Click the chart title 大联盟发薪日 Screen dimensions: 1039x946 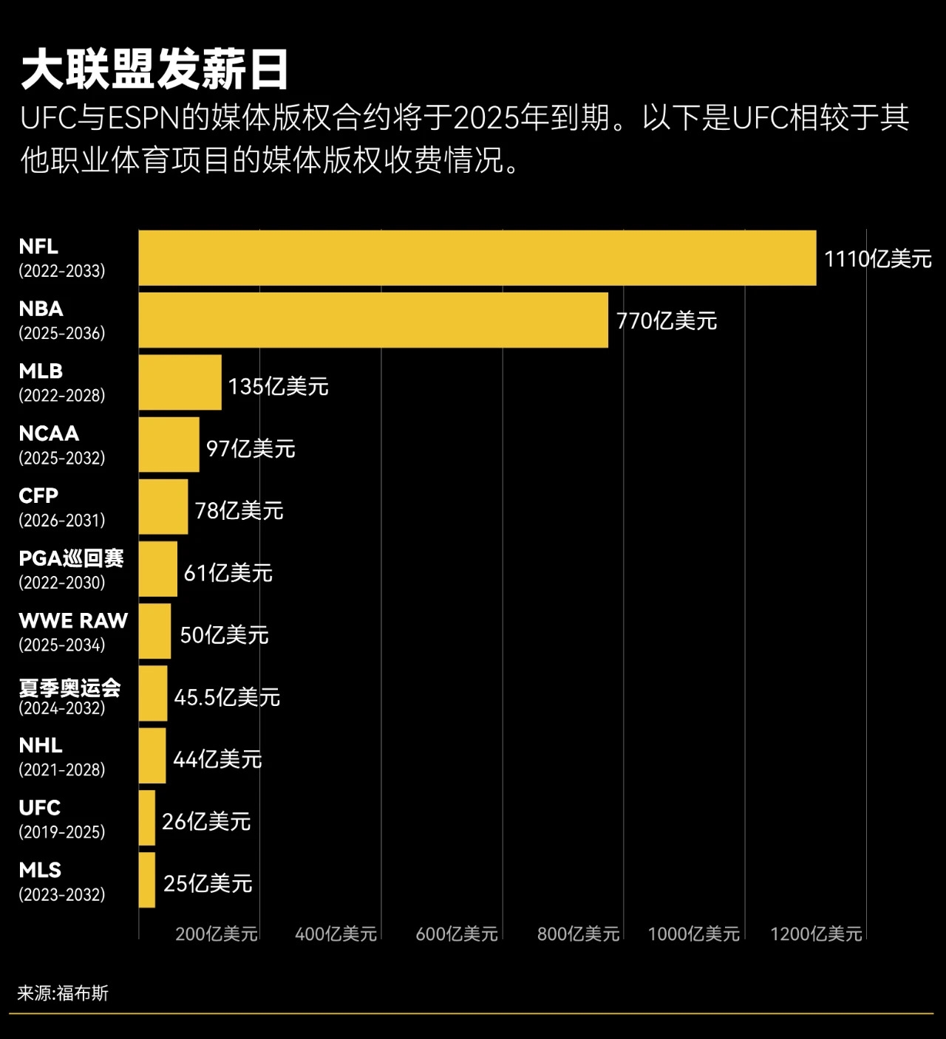click(154, 70)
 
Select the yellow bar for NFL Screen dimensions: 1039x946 click(477, 258)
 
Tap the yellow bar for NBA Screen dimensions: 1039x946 click(373, 320)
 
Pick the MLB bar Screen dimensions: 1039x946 click(180, 382)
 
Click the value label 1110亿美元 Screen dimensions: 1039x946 click(877, 259)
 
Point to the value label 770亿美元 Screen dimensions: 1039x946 click(667, 321)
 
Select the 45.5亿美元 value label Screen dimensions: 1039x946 click(227, 697)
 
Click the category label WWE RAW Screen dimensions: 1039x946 click(73, 620)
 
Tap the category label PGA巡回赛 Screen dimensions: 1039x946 click(71, 558)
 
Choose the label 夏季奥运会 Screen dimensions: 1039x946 click(69, 688)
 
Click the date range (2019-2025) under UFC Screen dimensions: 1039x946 click(62, 832)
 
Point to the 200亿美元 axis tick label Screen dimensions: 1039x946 click(217, 934)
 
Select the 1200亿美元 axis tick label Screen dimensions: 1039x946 click(816, 934)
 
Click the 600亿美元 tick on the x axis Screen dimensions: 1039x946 click(457, 934)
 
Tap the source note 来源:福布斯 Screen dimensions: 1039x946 click(63, 993)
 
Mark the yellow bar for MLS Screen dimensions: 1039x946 click(147, 879)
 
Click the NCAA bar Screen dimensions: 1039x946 click(169, 445)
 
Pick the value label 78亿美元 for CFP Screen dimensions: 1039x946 click(239, 510)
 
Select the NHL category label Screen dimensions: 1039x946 click(41, 745)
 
